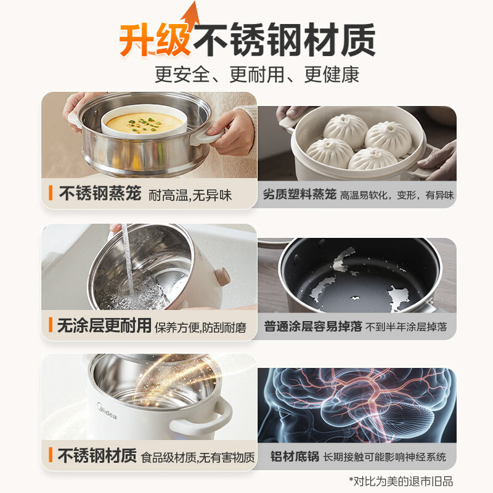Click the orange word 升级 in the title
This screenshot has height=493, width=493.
155,40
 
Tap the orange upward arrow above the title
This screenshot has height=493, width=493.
191,14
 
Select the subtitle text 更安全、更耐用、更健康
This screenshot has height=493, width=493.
257,75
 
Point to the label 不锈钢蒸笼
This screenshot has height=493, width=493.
100,193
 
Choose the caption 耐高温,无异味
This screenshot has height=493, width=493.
190,195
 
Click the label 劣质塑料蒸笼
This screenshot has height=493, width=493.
299,194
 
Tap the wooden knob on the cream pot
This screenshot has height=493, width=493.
223,276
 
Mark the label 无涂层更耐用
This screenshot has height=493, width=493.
104,325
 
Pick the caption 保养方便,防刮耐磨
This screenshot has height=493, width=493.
201,328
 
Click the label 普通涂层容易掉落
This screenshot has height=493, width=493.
313,327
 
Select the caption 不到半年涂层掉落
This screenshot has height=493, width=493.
406,327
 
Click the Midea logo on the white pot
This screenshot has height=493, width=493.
107,411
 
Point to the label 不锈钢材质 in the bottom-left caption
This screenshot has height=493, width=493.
97,455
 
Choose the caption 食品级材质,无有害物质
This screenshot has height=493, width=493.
197,457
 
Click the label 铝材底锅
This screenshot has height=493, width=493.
295,457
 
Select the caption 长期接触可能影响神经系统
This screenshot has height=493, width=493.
385,457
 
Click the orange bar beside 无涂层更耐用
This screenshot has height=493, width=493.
51,325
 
